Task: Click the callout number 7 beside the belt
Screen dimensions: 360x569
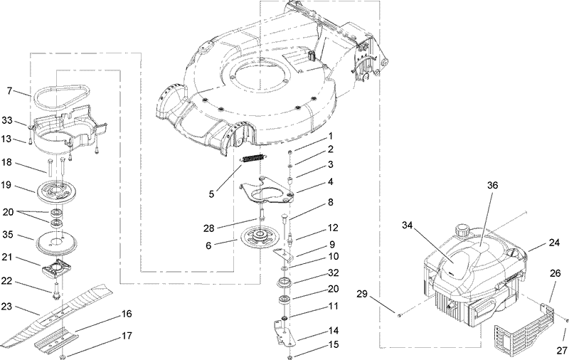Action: coord(9,90)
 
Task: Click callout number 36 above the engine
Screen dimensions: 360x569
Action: coord(493,184)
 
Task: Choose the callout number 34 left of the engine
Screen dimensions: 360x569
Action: coord(406,226)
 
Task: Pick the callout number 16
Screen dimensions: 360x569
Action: coord(127,313)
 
